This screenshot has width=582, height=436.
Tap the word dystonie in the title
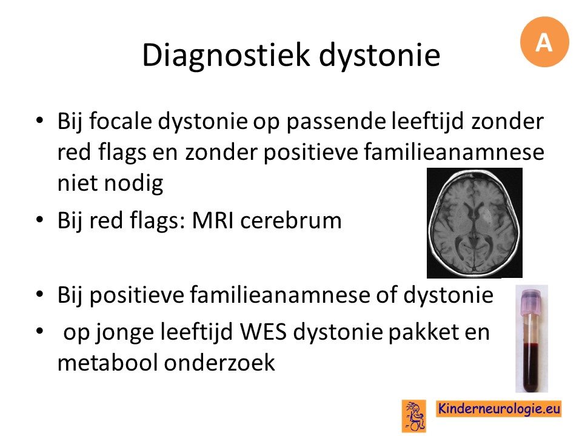point(380,56)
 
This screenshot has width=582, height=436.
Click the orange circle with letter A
point(544,42)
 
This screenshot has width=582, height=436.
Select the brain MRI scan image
point(474,223)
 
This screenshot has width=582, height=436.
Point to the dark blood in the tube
point(532,367)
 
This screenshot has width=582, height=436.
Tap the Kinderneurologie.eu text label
point(498,409)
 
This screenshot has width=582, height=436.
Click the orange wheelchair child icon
point(414,415)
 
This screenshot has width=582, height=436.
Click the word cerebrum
point(291,220)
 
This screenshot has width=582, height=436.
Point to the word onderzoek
point(219,362)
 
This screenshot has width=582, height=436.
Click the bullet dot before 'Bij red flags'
point(40,220)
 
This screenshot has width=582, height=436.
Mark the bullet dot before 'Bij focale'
point(40,121)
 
